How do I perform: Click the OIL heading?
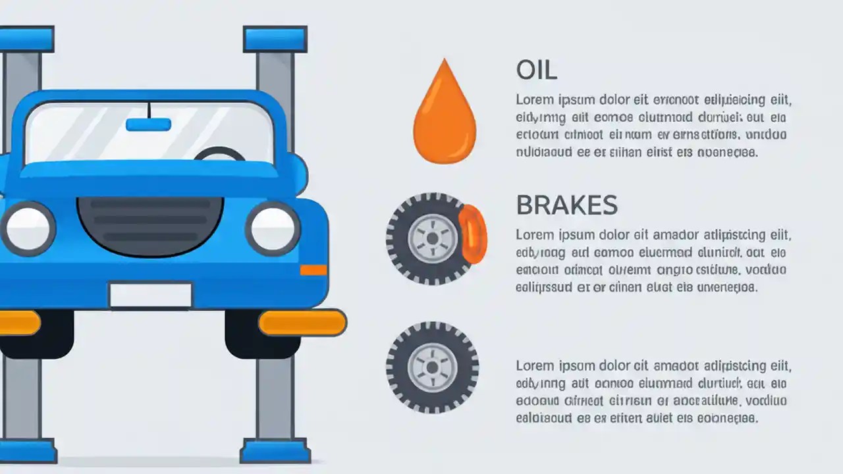tap(536, 70)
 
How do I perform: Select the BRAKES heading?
tap(566, 205)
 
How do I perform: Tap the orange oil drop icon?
tap(444, 115)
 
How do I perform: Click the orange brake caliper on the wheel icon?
tap(474, 233)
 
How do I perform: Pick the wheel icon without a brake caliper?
tap(432, 367)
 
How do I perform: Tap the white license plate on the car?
tap(150, 295)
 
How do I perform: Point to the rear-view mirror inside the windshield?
tap(148, 124)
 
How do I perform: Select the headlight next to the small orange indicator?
tap(273, 228)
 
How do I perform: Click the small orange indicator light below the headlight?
tap(313, 270)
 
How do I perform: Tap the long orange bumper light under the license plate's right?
tap(302, 323)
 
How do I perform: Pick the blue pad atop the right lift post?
tap(275, 39)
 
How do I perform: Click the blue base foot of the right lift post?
tap(275, 452)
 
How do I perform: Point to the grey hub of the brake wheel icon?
tap(432, 238)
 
